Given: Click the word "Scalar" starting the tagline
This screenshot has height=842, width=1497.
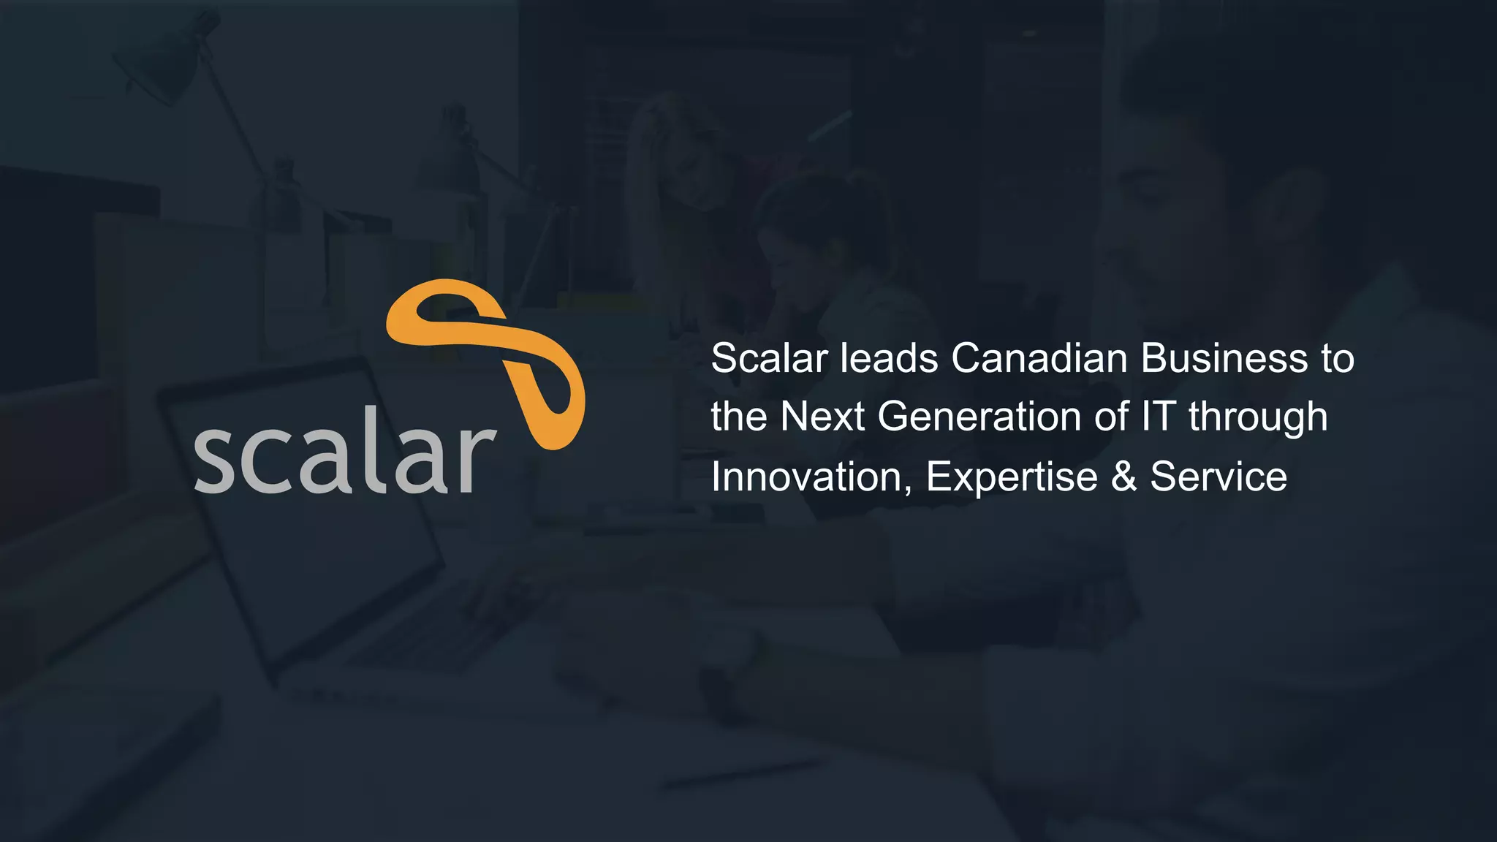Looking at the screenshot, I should point(769,358).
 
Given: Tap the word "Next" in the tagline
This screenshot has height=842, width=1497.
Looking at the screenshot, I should point(822,417).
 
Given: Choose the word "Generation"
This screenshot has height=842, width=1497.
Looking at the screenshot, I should point(979,417).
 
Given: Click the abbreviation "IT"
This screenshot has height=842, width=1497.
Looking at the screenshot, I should point(1159,417).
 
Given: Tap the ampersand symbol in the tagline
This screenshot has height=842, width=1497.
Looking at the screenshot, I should point(1123,477).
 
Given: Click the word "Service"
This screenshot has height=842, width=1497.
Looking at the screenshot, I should point(1219,477).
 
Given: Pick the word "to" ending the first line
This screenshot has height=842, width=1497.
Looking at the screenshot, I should point(1337,360).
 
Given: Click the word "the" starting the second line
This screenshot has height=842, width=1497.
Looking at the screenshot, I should point(738,417).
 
